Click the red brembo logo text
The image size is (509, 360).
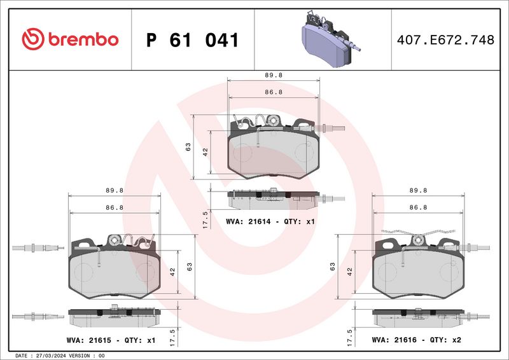(x=83, y=39)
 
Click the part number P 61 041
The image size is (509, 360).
(x=193, y=40)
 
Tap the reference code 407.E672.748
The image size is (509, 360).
(x=445, y=40)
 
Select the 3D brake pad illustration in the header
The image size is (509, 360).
(x=330, y=39)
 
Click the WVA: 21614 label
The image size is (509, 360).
(x=248, y=222)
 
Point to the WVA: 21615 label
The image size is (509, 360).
(x=88, y=340)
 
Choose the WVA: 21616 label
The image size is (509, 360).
(x=394, y=340)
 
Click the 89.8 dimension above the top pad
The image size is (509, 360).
(x=274, y=75)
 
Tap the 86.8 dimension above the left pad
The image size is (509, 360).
(x=115, y=207)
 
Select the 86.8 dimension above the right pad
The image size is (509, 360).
(x=418, y=207)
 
